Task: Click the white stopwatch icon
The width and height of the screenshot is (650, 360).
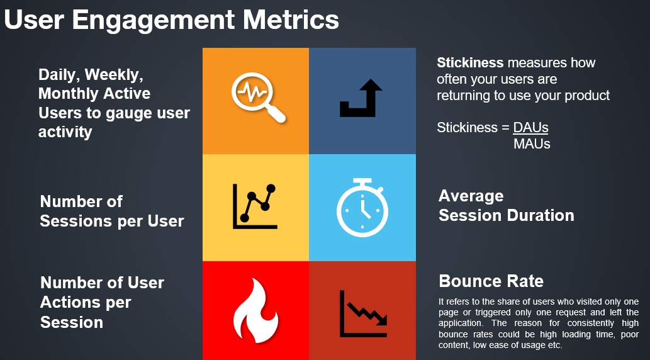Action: click(x=362, y=208)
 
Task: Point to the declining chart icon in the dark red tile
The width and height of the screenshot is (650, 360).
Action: click(x=363, y=313)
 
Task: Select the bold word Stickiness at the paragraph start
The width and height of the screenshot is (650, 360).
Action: click(x=470, y=63)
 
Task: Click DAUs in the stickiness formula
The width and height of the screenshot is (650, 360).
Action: click(x=530, y=128)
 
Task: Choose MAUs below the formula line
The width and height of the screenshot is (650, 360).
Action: click(x=532, y=144)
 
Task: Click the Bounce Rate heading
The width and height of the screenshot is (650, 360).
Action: click(x=491, y=281)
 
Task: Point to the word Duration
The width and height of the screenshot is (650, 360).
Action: click(x=541, y=216)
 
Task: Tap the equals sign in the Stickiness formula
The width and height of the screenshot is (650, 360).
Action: click(x=505, y=128)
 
